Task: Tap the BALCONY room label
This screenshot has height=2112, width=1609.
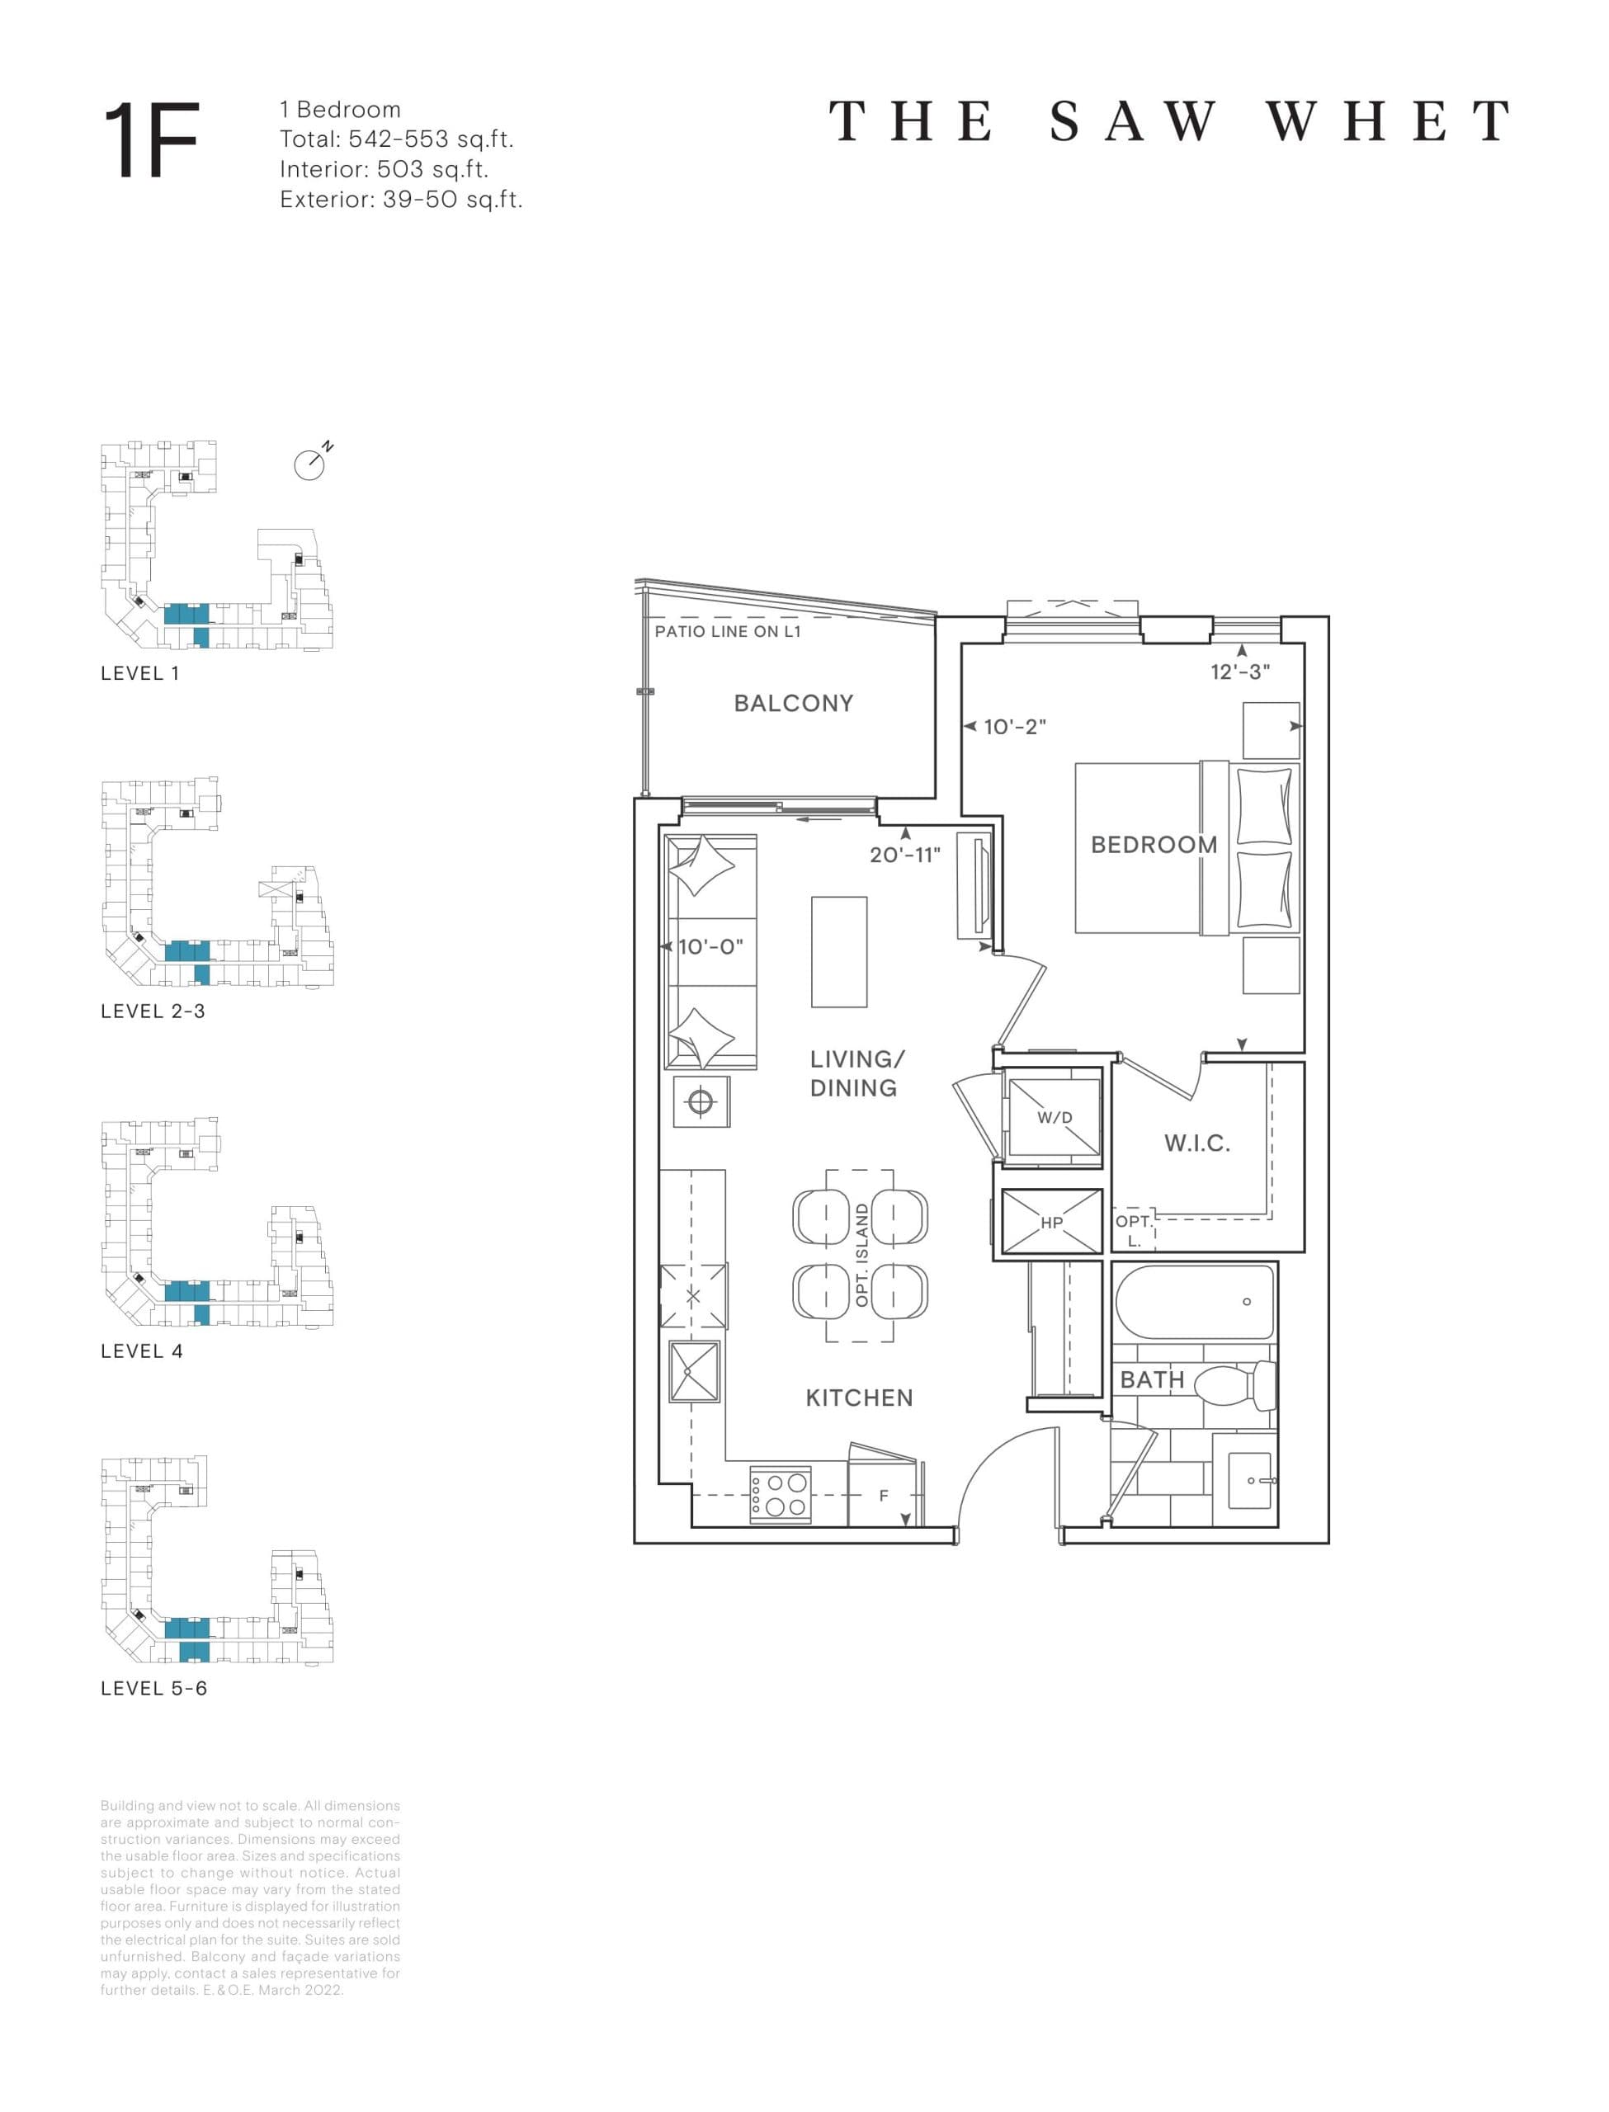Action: pos(793,704)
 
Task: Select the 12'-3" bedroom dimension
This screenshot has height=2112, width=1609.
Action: pos(1239,672)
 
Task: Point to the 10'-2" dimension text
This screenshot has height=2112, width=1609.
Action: pos(1014,727)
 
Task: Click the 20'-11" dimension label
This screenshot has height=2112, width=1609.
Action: pos(904,855)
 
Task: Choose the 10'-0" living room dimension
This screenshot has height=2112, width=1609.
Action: pos(710,947)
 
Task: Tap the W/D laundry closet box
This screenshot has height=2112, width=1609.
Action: pos(1054,1117)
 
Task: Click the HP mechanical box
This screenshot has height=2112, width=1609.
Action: pos(1051,1222)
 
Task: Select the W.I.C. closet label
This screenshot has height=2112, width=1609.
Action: pos(1196,1143)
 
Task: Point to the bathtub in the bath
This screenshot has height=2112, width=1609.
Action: pos(1194,1302)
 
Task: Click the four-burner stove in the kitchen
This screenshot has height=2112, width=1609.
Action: pos(780,1493)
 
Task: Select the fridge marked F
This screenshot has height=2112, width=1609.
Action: pos(883,1496)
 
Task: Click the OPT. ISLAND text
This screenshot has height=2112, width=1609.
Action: pos(862,1255)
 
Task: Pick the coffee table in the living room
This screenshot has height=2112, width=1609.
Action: pos(839,952)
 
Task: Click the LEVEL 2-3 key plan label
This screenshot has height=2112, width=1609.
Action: pos(153,1011)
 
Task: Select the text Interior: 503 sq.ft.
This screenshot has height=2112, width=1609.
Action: pos(384,169)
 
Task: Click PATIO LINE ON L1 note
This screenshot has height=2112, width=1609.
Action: pos(727,632)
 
